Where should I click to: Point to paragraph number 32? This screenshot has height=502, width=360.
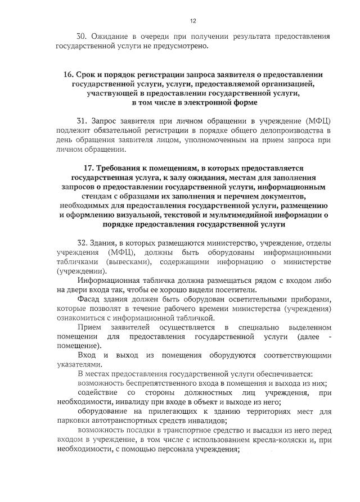[82, 242]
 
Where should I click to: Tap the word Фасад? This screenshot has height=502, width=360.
[90, 299]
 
